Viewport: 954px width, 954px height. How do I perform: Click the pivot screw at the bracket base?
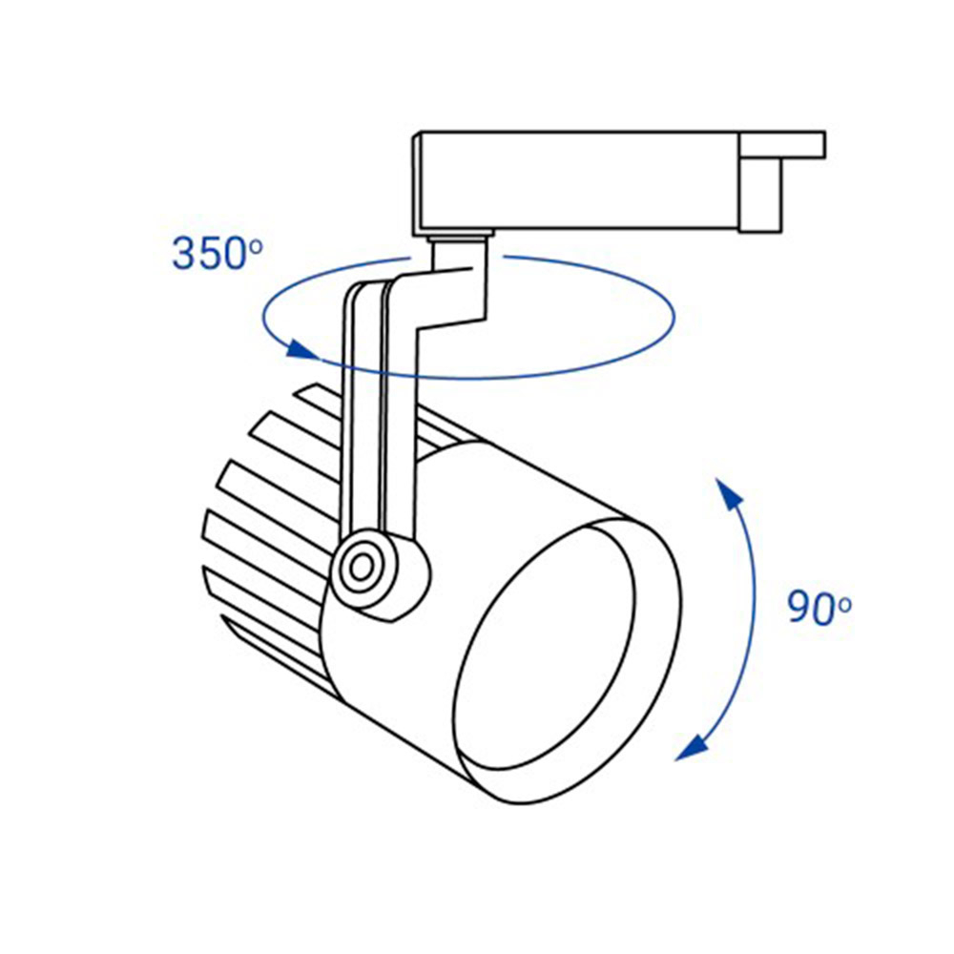tap(362, 567)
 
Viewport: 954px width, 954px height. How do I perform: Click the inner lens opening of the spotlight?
tap(544, 659)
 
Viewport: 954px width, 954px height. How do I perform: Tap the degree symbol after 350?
tap(256, 245)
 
